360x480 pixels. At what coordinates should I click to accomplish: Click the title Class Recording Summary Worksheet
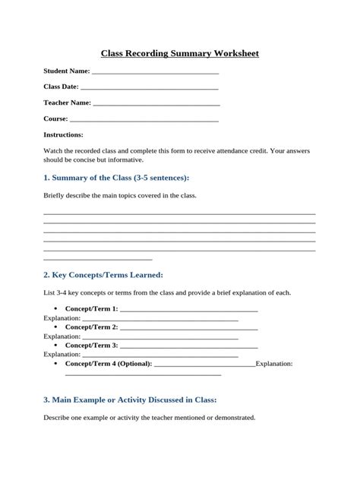tap(179, 54)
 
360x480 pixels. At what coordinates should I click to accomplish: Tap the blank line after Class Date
tap(144, 89)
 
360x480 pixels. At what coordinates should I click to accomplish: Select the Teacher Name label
tap(67, 103)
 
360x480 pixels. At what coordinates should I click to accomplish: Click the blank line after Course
tap(144, 121)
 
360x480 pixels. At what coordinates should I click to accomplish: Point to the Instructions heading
tap(63, 134)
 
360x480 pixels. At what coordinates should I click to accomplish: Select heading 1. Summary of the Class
tap(116, 177)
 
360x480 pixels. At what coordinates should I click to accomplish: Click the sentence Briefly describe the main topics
tap(120, 196)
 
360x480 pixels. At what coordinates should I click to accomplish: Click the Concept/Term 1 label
tap(91, 309)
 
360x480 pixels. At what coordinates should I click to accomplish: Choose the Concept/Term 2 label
tap(91, 327)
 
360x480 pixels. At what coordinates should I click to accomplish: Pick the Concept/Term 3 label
tap(91, 345)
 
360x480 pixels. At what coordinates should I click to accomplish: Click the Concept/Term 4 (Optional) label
tap(109, 363)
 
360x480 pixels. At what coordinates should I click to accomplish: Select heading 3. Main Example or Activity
tap(130, 399)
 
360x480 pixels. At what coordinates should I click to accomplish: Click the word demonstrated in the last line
tap(235, 418)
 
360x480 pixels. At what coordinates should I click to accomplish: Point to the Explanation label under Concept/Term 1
tap(62, 318)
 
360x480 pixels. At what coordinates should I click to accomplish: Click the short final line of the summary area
tap(98, 259)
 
